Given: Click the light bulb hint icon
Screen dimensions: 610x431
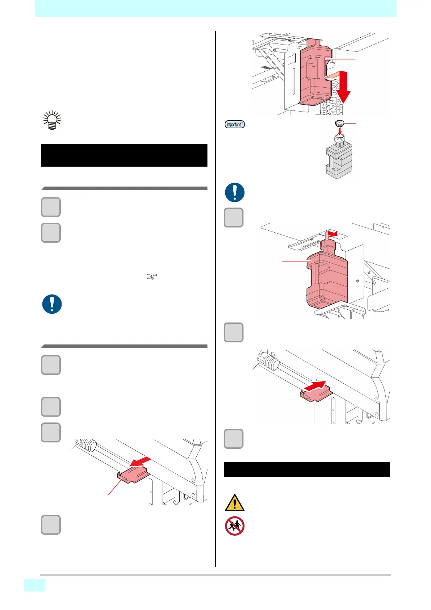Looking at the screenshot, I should click(52, 120).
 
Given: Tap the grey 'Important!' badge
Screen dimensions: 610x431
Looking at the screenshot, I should click(235, 124).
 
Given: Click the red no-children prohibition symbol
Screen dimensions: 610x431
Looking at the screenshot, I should click(234, 526).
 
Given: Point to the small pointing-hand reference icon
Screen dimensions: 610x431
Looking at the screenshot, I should click(152, 277).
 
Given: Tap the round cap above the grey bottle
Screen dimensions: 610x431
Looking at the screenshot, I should click(339, 124).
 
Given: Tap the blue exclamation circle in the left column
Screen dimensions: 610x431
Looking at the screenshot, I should click(52, 304).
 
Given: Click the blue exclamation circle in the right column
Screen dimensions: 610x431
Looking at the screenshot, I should click(234, 192).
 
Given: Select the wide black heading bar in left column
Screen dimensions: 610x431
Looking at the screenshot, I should click(124, 155).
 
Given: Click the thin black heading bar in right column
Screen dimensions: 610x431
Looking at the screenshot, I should click(306, 469).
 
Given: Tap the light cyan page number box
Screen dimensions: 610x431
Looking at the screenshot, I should click(35, 585).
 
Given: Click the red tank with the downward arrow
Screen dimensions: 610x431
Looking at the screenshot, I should click(314, 74).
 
